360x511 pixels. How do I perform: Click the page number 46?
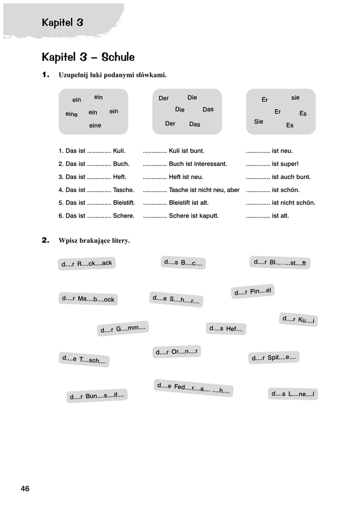25,489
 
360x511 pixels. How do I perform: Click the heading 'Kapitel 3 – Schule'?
88,57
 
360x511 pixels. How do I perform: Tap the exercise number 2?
46,241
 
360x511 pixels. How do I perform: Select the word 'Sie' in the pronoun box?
258,121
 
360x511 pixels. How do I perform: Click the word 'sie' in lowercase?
295,98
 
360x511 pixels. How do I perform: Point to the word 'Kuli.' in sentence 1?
119,151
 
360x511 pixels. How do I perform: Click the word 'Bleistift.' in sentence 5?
124,203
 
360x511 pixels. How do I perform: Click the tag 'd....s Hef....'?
226,328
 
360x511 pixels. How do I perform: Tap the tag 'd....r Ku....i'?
298,319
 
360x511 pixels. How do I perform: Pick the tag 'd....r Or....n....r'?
177,352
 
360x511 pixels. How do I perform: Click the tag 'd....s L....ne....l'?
293,394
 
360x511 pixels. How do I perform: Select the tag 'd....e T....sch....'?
84,359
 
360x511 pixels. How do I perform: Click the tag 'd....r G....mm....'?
123,328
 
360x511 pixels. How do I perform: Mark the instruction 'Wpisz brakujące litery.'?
94,241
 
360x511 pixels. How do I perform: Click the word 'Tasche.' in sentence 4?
124,190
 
